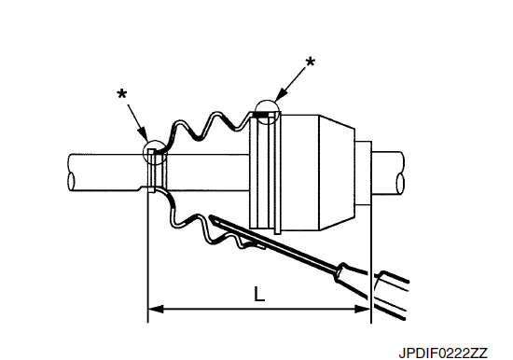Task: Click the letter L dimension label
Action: point(259,294)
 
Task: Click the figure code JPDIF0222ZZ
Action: point(443,353)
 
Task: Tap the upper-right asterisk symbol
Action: point(310,62)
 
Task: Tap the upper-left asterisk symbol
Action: point(121,94)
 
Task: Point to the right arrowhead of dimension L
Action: point(363,309)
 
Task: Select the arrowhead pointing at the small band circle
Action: point(143,134)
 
